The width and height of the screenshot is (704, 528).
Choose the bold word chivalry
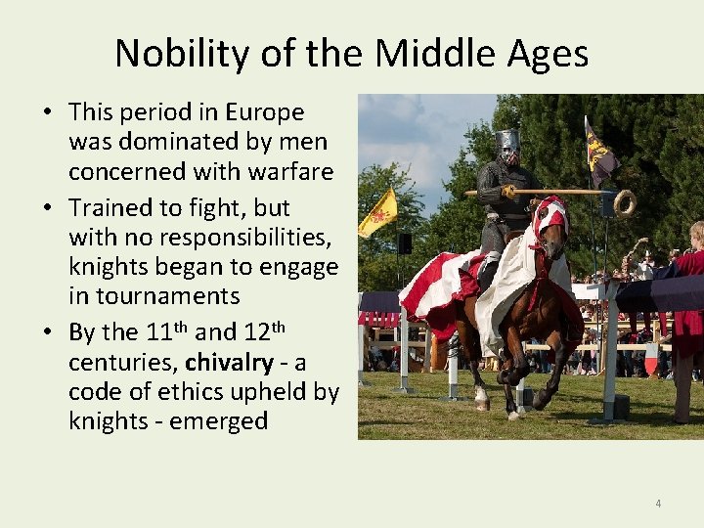pos(229,362)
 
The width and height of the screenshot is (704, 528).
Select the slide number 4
pos(658,504)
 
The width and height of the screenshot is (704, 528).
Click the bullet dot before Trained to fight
pos(48,208)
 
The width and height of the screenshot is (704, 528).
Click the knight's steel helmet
pos(506,146)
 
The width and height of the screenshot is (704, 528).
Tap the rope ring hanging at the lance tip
pos(624,202)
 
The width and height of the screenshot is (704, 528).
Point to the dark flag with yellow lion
pos(599,154)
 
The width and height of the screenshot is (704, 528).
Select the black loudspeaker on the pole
pos(404,243)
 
